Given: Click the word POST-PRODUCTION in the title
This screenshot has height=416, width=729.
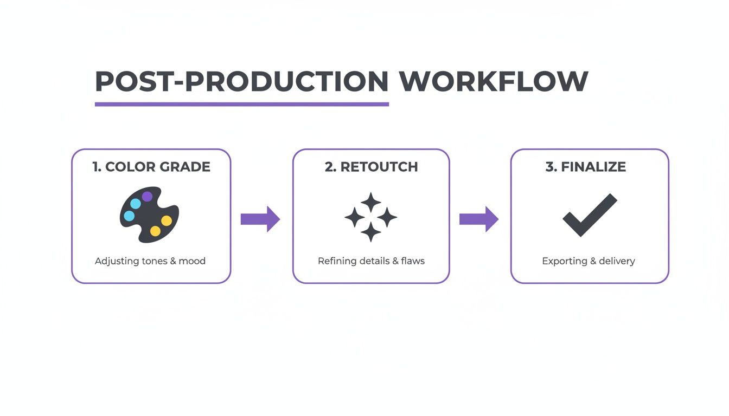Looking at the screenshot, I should click(x=241, y=82).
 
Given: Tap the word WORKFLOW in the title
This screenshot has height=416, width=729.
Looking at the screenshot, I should click(x=493, y=82).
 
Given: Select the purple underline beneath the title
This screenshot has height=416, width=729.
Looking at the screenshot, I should click(x=241, y=103).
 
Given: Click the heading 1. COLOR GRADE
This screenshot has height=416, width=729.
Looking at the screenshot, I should click(x=151, y=167).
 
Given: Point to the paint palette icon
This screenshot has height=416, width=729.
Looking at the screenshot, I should click(x=149, y=214).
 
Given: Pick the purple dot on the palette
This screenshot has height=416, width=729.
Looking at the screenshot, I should click(x=147, y=196).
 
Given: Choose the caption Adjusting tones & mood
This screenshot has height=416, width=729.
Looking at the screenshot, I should click(x=150, y=261).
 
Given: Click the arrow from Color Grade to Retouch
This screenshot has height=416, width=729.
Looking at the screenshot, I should click(x=260, y=219).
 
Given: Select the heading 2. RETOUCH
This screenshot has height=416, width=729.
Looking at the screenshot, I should click(x=371, y=167).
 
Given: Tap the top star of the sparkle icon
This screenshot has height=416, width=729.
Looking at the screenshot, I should click(x=371, y=202).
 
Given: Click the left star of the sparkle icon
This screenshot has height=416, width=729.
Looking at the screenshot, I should click(x=355, y=217).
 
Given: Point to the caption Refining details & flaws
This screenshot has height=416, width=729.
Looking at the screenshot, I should click(x=371, y=261).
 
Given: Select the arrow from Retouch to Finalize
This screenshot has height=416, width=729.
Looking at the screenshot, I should click(x=479, y=219).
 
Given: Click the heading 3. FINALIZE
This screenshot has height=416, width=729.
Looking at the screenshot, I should click(x=586, y=167).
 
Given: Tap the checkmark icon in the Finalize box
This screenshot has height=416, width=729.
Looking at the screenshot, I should click(x=589, y=215).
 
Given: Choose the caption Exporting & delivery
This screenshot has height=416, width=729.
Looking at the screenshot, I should click(x=589, y=261).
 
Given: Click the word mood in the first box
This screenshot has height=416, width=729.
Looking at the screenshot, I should click(x=193, y=261).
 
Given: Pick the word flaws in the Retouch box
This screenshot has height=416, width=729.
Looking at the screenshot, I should click(x=413, y=261).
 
